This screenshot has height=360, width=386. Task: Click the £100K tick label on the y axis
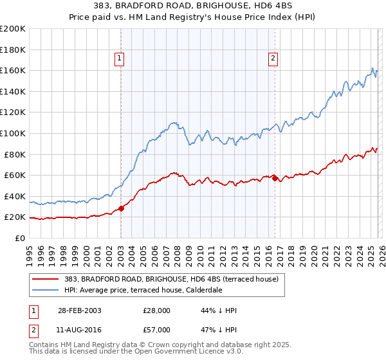[13, 133]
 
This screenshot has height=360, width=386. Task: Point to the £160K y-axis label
[13, 70]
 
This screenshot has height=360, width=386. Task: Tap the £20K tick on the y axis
[15, 217]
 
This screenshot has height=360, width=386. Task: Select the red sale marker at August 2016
[275, 178]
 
